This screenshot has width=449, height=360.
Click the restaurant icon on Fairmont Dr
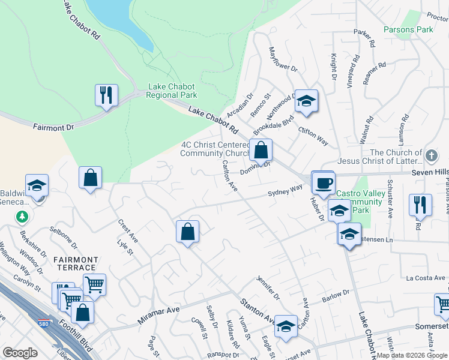106,95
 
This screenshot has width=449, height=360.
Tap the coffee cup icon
323,182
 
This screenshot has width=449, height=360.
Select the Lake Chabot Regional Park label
172,91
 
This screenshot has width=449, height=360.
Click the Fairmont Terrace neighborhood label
75,263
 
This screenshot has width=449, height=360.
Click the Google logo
20,353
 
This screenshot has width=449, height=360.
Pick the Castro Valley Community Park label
359,202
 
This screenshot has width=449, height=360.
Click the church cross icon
430,156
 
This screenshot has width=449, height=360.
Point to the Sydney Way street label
285,191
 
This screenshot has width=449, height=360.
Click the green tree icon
22,215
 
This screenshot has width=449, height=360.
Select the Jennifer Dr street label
268,287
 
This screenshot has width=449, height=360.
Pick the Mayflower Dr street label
283,60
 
